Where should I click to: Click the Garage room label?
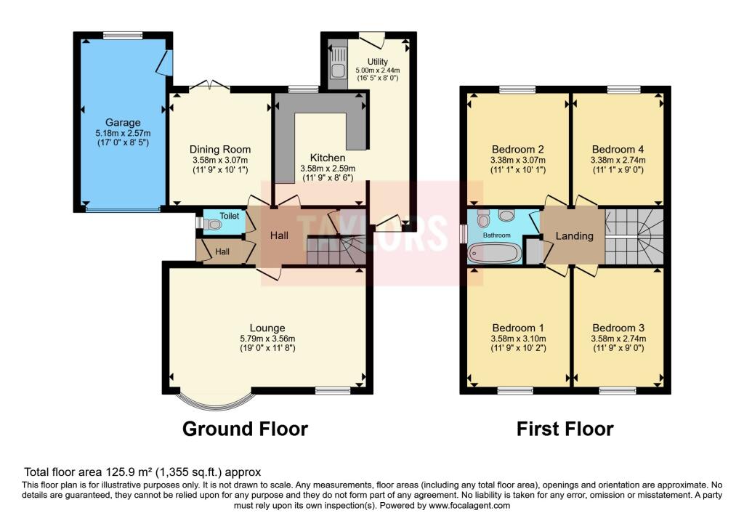[123, 123]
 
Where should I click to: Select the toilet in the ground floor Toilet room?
[211, 226]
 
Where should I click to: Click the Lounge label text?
[267, 328]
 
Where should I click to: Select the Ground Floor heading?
[245, 429]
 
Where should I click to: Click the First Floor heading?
[565, 429]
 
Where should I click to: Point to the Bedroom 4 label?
[618, 149]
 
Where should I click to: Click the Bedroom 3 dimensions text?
[618, 339]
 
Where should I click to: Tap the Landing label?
[574, 235]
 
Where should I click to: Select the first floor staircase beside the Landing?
[634, 236]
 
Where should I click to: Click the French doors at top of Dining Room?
[210, 88]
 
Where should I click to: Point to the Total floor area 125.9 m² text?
[142, 472]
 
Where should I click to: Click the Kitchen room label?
[328, 157]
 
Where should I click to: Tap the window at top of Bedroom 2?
[517, 89]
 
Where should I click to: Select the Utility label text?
[377, 62]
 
